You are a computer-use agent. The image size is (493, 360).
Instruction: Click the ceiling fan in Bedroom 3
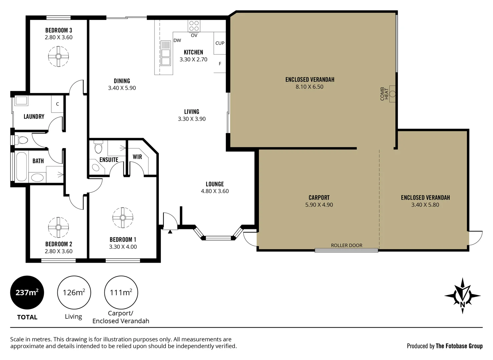[58, 56]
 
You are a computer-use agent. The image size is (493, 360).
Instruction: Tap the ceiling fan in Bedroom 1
[123, 218]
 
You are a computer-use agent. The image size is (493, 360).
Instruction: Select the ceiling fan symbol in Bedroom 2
[58, 227]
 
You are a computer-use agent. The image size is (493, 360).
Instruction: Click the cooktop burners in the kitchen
[194, 26]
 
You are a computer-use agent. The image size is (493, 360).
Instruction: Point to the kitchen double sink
[166, 57]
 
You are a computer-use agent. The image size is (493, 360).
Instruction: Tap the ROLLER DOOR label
[346, 245]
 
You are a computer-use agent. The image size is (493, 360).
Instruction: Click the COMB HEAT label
[384, 94]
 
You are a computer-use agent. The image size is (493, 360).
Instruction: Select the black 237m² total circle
[27, 292]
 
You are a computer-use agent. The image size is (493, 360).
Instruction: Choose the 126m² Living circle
[74, 292]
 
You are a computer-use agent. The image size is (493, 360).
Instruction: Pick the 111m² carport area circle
[121, 292]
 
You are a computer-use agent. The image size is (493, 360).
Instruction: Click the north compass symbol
[462, 295]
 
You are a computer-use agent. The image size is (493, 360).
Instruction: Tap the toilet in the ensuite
[98, 147]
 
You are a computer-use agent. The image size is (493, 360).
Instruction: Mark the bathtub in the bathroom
[21, 167]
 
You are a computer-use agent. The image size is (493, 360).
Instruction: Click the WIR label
[137, 157]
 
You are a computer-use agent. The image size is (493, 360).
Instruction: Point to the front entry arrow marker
[170, 231]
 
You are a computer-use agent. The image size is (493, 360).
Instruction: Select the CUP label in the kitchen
[220, 43]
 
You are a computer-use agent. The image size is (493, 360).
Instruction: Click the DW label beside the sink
[177, 40]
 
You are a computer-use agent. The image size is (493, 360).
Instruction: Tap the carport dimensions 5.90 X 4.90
[319, 205]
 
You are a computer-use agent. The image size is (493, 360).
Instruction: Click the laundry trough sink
[21, 100]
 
